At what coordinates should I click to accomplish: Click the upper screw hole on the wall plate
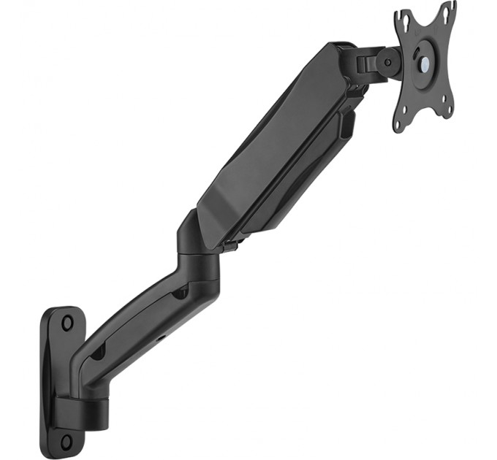pyautogui.click(x=67, y=321)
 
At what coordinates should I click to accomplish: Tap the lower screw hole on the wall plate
pyautogui.click(x=67, y=440)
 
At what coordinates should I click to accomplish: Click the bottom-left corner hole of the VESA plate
pyautogui.click(x=398, y=124)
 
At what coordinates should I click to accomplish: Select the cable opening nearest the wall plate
pyautogui.click(x=96, y=352)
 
